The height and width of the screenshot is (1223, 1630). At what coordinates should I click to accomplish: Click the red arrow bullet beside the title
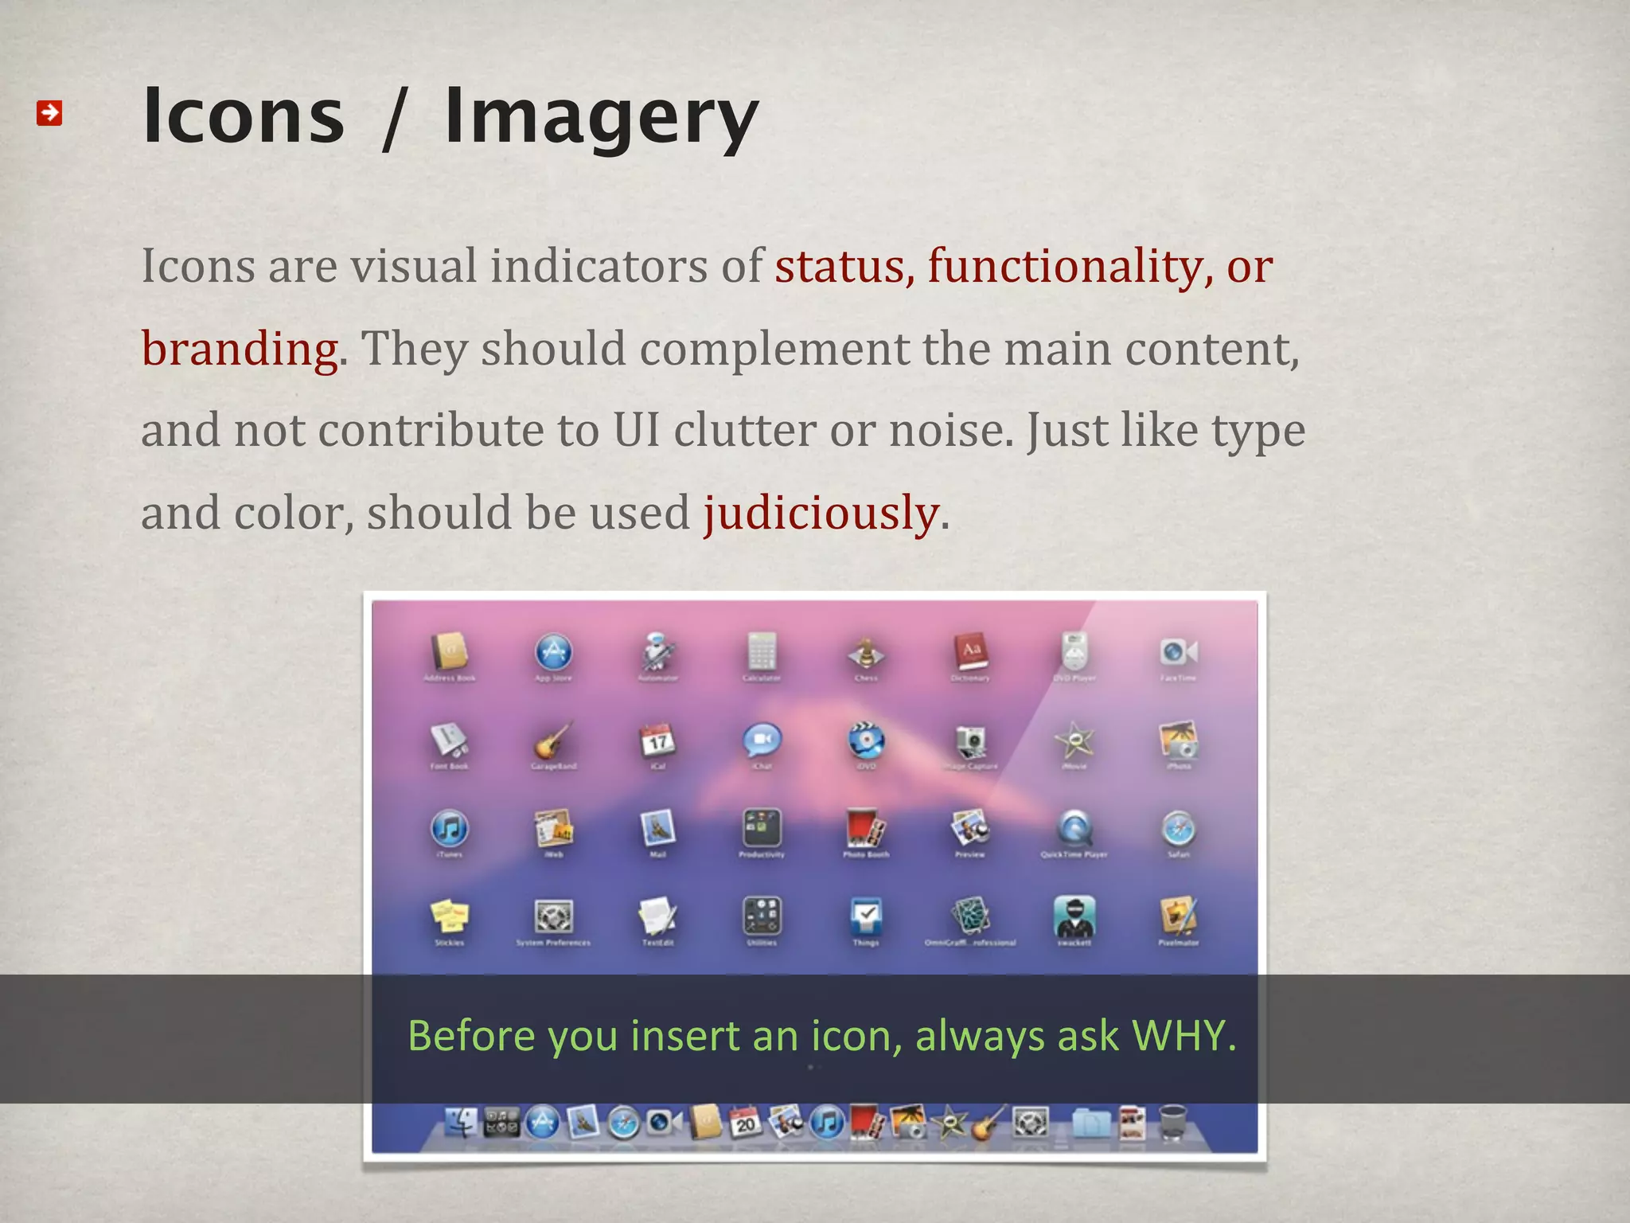49,113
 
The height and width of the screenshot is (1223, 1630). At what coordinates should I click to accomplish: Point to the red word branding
240,349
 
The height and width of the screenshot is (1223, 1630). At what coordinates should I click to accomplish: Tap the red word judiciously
821,513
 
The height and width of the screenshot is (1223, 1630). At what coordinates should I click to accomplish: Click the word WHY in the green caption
1183,1036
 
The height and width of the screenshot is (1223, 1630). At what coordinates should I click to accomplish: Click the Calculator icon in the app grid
762,653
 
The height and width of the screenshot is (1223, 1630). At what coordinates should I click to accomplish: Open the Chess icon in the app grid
866,653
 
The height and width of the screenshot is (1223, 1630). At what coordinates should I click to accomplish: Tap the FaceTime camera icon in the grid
1178,653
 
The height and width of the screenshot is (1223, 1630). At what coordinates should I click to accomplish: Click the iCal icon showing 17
657,741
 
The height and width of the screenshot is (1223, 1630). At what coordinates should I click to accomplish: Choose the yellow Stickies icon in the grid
450,916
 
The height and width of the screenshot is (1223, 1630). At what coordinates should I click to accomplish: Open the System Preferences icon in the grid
553,916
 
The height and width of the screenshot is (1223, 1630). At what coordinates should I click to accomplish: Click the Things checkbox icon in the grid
866,916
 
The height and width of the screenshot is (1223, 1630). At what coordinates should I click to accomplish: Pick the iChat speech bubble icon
762,741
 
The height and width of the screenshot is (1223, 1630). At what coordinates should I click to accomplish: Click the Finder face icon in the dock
461,1123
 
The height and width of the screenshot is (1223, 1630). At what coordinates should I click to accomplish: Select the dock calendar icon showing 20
745,1123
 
